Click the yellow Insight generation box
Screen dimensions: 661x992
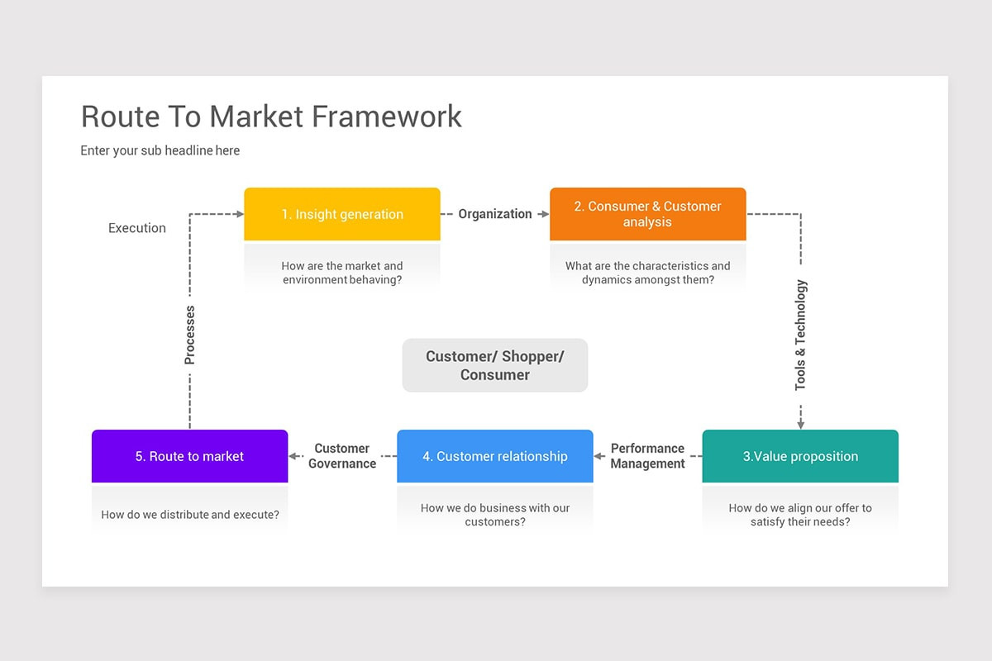point(341,214)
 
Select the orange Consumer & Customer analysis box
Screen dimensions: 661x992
point(647,214)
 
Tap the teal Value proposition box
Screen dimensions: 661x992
point(799,456)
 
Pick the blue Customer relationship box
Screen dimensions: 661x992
point(494,456)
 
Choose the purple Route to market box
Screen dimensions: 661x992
point(189,456)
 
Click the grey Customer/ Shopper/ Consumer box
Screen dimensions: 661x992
point(494,365)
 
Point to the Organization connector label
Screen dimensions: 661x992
point(495,214)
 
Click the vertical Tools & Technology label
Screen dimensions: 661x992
point(800,335)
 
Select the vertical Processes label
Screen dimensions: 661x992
point(190,335)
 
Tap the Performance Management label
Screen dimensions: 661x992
point(647,456)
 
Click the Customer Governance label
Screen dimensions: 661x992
point(341,456)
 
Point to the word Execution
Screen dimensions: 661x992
point(137,228)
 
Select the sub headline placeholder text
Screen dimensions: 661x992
point(160,150)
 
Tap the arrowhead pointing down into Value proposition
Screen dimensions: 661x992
point(800,424)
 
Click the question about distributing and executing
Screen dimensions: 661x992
point(189,515)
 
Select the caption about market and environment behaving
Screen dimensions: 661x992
point(341,273)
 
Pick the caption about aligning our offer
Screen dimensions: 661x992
point(799,515)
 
